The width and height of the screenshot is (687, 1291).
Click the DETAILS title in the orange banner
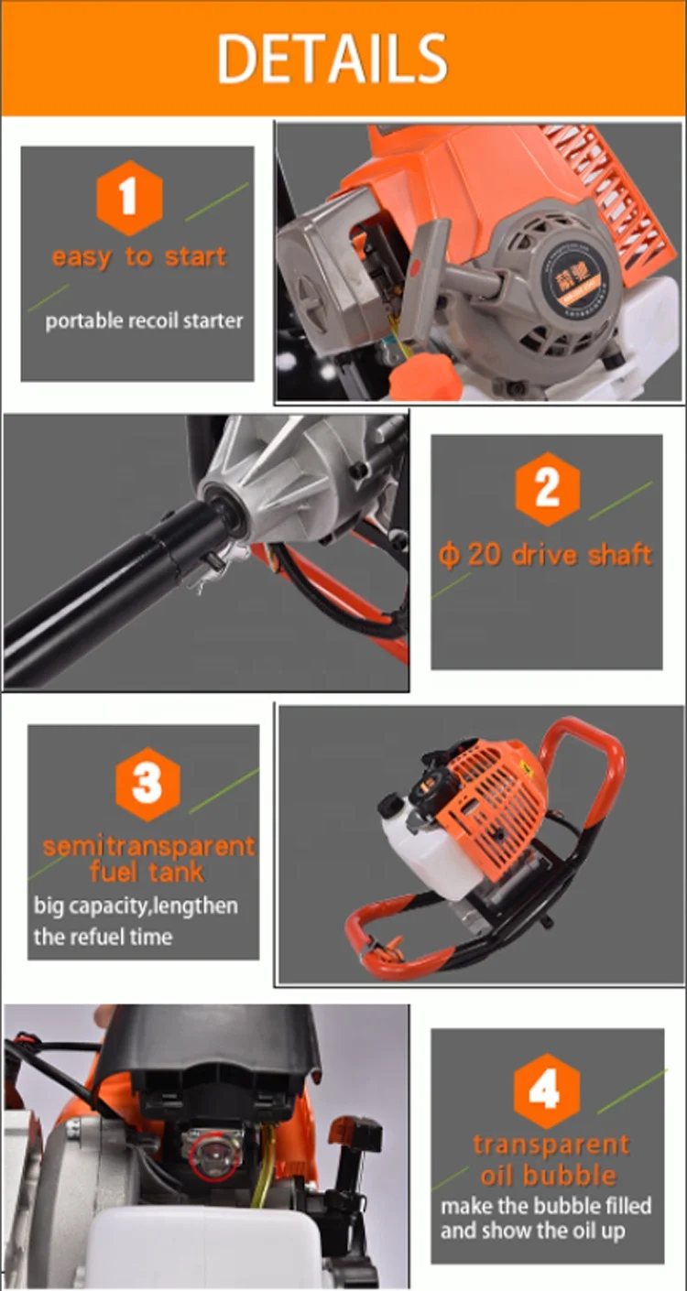(332, 60)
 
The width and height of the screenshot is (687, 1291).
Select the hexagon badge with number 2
(547, 489)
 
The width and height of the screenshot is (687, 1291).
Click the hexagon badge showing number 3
(147, 784)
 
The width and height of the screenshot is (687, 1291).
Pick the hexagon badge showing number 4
(547, 1091)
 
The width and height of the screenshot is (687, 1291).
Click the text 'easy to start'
(138, 257)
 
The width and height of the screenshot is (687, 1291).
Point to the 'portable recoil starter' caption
(144, 321)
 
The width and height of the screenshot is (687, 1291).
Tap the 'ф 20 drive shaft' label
(546, 555)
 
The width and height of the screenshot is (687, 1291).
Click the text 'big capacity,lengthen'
(136, 906)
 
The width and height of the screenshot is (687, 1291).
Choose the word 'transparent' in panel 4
(551, 1145)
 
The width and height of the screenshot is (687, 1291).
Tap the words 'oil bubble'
(548, 1175)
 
